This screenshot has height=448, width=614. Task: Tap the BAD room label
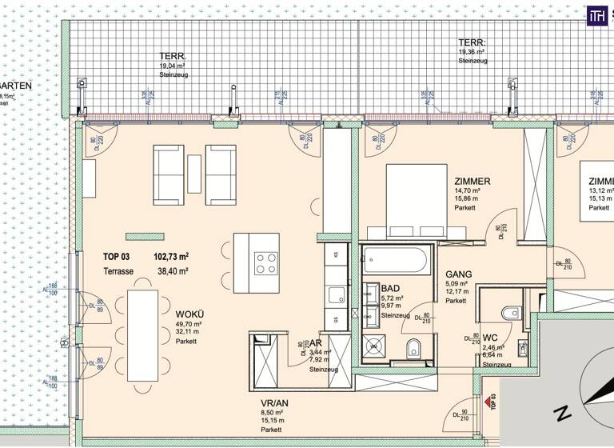point(391,288)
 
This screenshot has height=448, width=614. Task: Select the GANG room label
point(459,274)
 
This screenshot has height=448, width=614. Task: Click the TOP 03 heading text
point(117,258)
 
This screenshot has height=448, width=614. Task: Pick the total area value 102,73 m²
point(171,258)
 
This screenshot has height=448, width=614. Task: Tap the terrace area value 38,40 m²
point(171,272)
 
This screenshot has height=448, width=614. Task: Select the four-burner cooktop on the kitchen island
point(266,262)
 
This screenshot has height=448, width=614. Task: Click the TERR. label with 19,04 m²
point(172,57)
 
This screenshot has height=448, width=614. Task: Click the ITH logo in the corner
point(596,14)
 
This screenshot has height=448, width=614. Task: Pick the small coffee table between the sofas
point(194,174)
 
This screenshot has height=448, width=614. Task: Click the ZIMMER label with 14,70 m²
point(472,182)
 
